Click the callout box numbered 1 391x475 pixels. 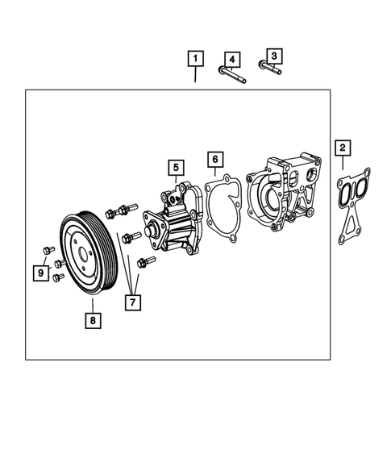pyautogui.click(x=196, y=59)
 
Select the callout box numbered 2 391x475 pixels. pyautogui.click(x=343, y=148)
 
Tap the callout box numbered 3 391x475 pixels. pyautogui.click(x=274, y=56)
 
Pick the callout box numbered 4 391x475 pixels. pyautogui.click(x=231, y=59)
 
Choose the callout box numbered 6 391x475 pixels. pyautogui.click(x=214, y=159)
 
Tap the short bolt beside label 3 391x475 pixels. pyautogui.click(x=271, y=68)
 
